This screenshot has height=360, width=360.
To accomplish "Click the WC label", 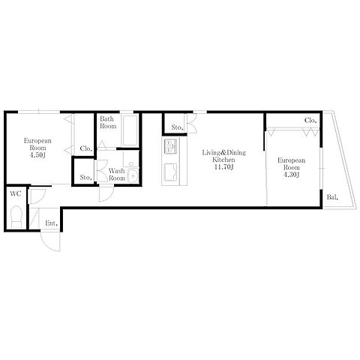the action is (15, 193).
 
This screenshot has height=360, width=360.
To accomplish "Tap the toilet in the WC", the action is (16, 217).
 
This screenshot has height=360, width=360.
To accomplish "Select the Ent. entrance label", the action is (52, 223).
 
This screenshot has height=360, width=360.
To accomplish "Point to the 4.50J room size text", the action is (37, 155).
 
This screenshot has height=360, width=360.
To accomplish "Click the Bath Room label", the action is (108, 122).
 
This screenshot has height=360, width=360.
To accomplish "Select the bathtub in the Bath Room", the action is (130, 130).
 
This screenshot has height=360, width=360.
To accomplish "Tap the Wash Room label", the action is (117, 175).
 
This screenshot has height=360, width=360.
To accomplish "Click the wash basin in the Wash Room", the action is (133, 175).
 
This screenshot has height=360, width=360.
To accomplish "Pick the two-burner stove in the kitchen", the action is (170, 146).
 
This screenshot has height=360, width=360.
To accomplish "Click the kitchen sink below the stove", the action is (170, 172).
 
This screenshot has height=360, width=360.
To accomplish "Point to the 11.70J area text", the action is (223, 167).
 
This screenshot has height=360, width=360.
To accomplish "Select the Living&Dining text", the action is (223, 152).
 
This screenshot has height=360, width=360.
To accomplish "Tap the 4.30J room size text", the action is (291, 175).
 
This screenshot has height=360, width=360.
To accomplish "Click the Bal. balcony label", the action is (332, 197).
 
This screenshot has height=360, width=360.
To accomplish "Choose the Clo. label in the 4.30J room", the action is (310, 120).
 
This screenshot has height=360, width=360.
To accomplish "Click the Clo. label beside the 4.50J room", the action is (86, 148).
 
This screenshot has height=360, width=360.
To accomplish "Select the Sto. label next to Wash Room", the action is (86, 178).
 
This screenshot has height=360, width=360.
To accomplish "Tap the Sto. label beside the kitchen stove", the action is (178, 127).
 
